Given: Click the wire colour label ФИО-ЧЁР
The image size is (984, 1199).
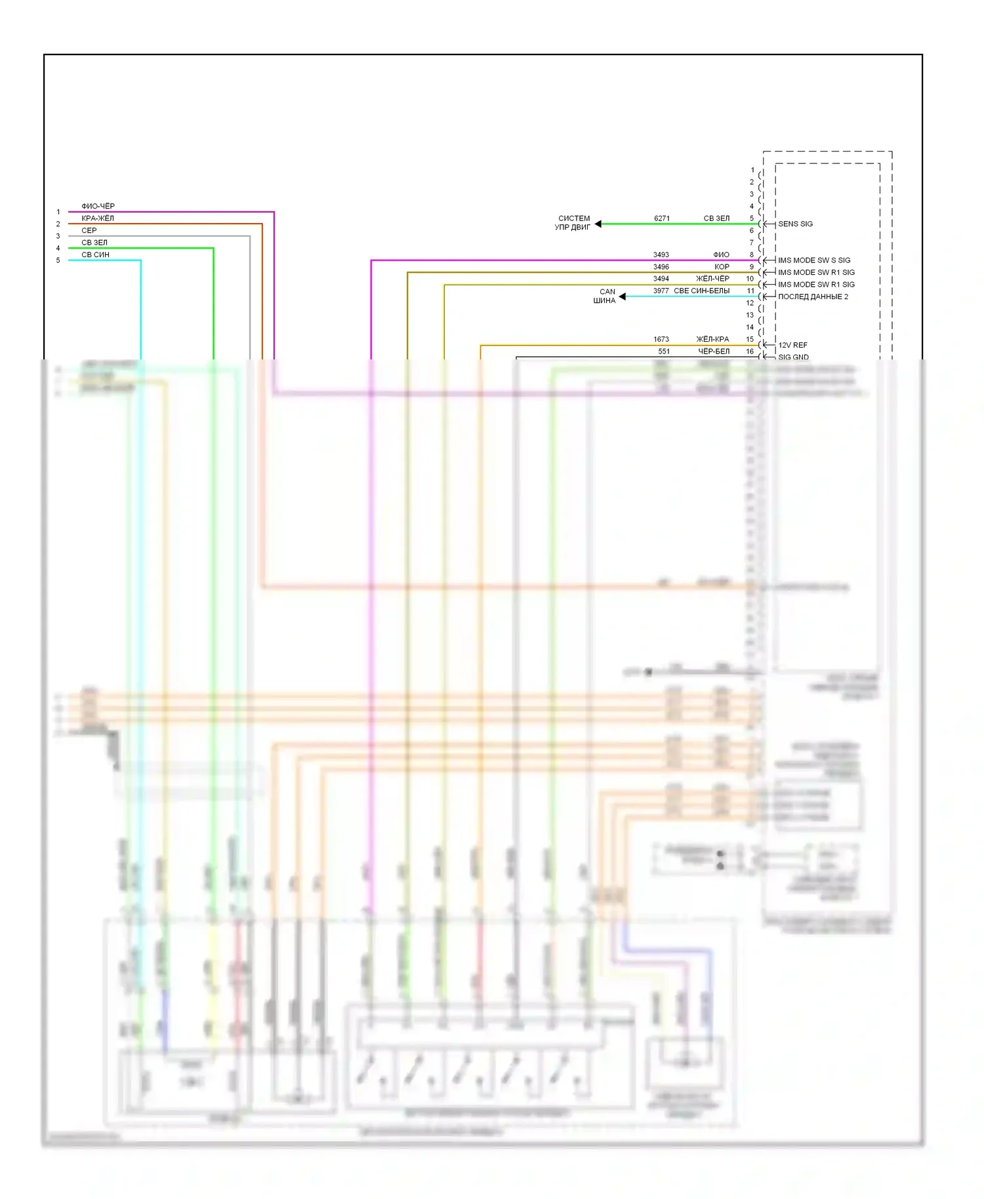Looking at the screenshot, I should coord(98,206).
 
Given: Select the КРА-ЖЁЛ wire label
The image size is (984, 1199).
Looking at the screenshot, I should coord(97,218).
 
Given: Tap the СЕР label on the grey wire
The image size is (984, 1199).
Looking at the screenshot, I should coord(89,230).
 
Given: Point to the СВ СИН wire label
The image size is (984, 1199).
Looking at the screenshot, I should coord(95,254).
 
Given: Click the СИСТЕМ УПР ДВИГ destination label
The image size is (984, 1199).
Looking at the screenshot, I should coord(573,223).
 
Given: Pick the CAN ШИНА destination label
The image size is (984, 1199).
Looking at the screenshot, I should coord(605,296).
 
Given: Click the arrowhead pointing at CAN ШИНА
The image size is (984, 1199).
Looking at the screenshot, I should coord(622,296).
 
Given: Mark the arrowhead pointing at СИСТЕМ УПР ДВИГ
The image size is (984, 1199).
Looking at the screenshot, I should coord(598,224).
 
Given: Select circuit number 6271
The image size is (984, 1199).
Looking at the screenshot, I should coord(662,218).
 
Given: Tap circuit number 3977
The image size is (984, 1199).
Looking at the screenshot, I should coord(661,291).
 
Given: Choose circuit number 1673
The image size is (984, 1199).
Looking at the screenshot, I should coord(661,339).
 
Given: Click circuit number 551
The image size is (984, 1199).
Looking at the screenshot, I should coord(664,352).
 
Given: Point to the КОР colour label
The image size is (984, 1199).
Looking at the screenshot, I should coord(722,267).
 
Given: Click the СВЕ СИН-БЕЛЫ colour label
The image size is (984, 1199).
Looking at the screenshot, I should coord(701,291).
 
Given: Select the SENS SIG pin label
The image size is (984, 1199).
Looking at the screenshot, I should coord(795,224).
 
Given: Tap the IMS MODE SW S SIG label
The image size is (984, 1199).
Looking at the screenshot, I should coord(814,260).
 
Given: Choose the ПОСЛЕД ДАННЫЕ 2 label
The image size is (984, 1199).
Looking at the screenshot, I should coord(813,296).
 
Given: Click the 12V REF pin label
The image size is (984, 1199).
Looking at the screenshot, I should coord(792,345).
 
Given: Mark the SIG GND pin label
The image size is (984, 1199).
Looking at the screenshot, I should coord(793,357).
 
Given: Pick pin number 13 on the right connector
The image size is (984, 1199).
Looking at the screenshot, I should coord(750,315).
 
